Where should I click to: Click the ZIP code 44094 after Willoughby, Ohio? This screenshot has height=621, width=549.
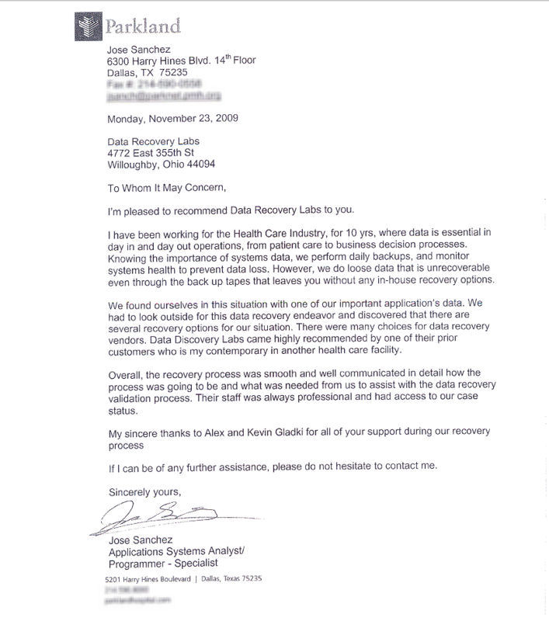pos(200,165)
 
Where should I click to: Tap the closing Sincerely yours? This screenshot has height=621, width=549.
pos(144,491)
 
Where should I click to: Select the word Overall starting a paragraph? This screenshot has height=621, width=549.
pos(124,373)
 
